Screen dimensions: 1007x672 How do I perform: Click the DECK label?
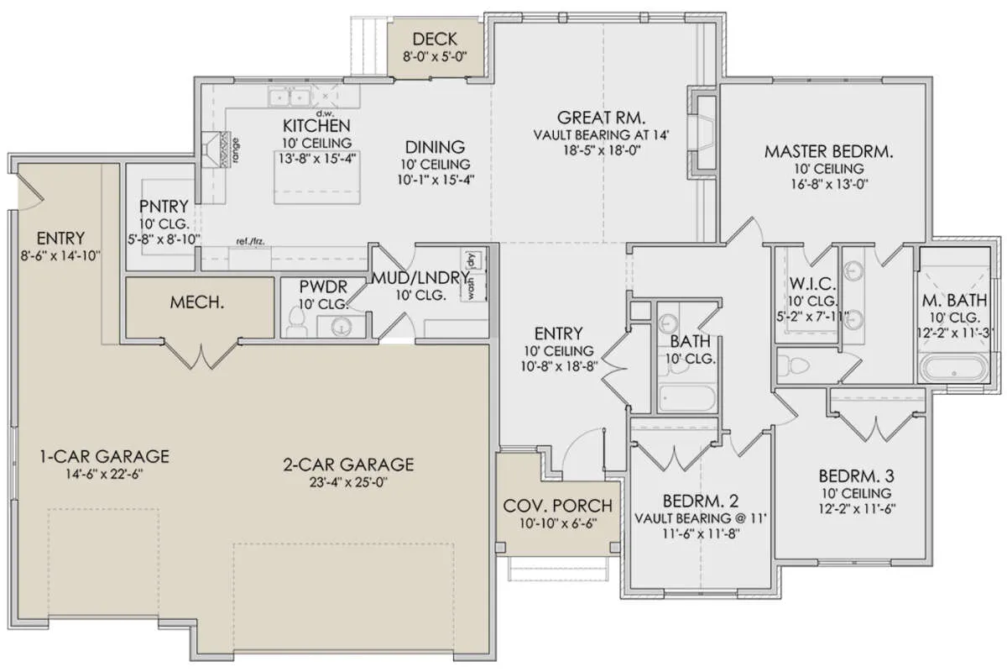435,39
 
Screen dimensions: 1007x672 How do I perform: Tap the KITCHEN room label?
316,125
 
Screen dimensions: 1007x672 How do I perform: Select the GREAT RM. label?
602,118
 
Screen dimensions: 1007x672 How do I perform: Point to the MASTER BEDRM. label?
828,152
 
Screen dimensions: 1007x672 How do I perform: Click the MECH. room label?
197,302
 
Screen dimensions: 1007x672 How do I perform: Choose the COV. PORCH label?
557,506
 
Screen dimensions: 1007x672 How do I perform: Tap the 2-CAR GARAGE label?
348,465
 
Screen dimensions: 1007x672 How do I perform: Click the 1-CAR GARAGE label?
105,456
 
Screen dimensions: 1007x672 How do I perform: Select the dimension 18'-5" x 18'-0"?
602,150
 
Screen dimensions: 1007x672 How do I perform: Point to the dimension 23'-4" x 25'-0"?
348,482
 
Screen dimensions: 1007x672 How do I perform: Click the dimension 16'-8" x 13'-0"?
829,184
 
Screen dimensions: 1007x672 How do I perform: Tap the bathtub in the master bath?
954,369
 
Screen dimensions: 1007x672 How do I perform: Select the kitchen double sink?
289,97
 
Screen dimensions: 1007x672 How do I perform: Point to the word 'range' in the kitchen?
236,152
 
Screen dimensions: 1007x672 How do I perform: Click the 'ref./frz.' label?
250,242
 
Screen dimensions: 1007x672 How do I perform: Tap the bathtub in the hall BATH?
686,398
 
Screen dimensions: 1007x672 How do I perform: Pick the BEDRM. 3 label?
856,475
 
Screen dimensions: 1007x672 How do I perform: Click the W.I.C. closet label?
812,284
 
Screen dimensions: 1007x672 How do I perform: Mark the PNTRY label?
164,207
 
